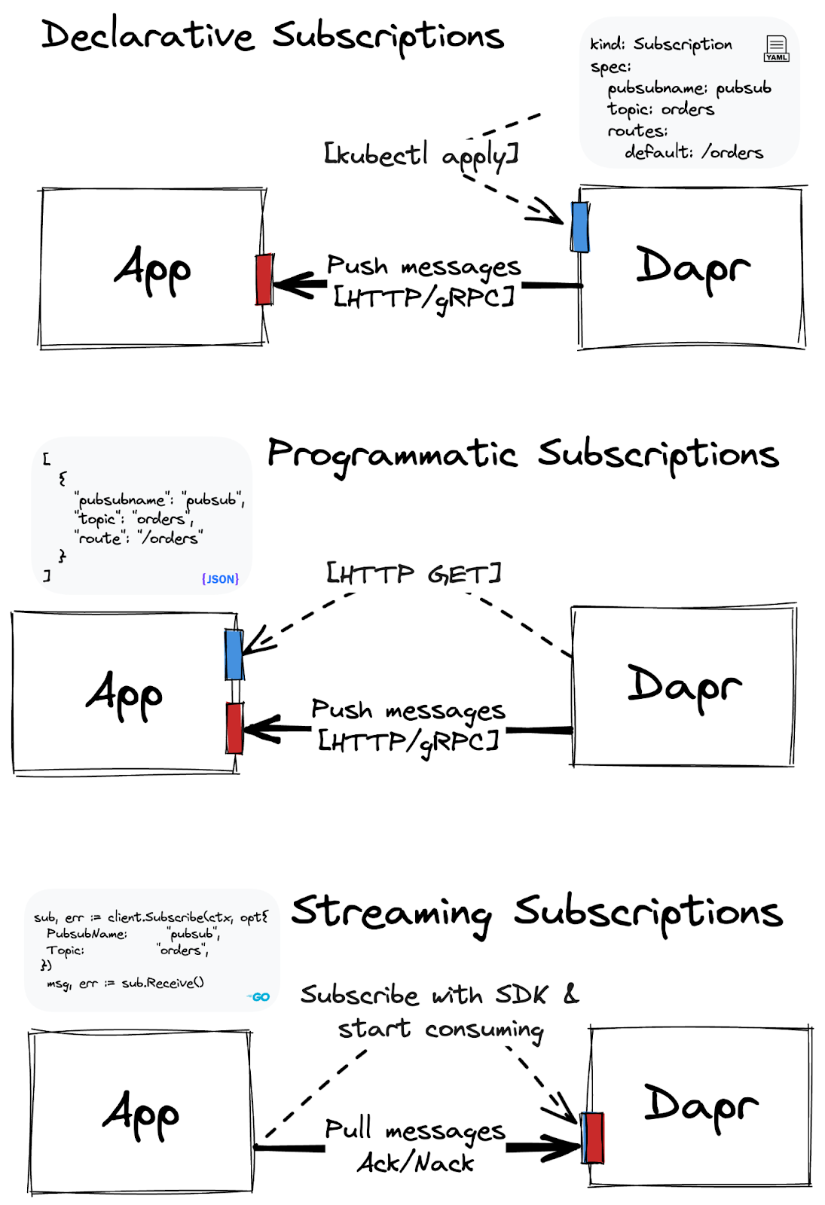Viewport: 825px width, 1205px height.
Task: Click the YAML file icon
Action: [776, 48]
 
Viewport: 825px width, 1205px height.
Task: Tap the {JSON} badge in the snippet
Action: [220, 578]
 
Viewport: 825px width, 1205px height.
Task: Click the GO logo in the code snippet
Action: [259, 996]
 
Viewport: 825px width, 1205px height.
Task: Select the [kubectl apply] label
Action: [420, 154]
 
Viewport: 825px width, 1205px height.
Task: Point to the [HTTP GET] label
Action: [414, 574]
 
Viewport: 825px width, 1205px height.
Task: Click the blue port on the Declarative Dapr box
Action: [579, 227]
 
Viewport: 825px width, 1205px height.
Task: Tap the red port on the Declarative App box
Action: [264, 279]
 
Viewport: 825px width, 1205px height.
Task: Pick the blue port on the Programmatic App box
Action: [234, 654]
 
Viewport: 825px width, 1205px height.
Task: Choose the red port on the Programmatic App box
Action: [234, 728]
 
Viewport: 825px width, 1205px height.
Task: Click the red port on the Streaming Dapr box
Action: [594, 1137]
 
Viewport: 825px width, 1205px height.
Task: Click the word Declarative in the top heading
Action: [148, 35]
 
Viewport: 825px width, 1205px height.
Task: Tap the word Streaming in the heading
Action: [392, 912]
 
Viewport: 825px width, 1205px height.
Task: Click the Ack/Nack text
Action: [416, 1163]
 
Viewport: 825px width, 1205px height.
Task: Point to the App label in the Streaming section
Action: [141, 1115]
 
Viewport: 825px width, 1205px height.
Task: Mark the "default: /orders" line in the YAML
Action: [693, 152]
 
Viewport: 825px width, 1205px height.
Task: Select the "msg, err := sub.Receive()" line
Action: [125, 983]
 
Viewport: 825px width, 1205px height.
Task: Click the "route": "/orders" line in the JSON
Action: [139, 538]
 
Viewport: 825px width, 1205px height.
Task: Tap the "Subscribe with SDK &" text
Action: [439, 995]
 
